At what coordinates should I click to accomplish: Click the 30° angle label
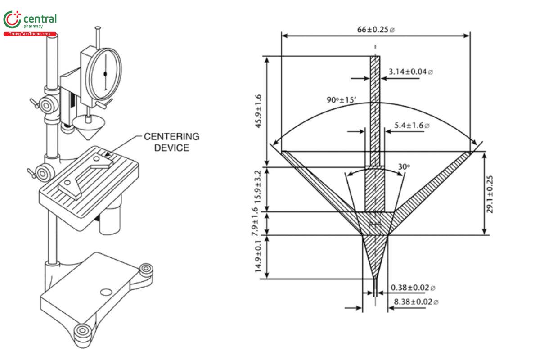click(404, 166)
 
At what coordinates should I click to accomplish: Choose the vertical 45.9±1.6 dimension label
click(259, 111)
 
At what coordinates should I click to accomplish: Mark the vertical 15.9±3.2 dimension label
click(259, 189)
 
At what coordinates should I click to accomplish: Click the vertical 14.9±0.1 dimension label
click(259, 256)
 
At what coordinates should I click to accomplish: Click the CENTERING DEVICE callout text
click(171, 142)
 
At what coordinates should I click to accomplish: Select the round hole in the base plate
click(106, 292)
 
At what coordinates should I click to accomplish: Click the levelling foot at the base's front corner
click(82, 332)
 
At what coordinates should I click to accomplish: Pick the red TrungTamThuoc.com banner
click(30, 34)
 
